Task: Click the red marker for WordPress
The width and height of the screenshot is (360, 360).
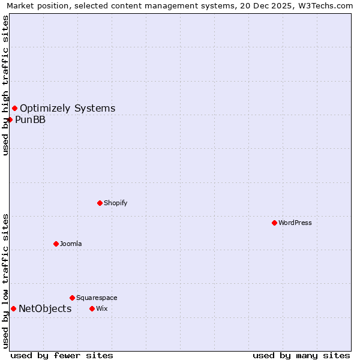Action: click(274, 223)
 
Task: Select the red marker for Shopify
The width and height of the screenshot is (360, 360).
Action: click(100, 203)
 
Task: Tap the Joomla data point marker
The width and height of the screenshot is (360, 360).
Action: click(56, 244)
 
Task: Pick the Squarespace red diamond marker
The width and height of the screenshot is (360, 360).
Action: click(72, 298)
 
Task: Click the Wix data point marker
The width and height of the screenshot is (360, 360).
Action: click(92, 308)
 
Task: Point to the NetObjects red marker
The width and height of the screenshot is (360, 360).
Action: click(13, 308)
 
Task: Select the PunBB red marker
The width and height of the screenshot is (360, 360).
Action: click(10, 119)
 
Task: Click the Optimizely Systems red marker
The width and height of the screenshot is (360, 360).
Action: click(14, 108)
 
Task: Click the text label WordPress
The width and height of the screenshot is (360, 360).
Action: click(295, 223)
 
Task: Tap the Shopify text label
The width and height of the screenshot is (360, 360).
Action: click(116, 203)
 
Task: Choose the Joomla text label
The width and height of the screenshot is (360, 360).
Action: click(71, 244)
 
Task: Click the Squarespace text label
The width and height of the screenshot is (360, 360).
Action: click(97, 298)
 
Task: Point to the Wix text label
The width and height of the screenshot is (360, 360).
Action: click(101, 308)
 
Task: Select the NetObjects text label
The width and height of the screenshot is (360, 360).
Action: click(45, 308)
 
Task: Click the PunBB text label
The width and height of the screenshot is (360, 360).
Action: click(30, 119)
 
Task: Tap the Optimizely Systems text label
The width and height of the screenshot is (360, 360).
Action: click(67, 108)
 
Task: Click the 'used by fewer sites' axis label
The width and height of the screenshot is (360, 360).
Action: click(62, 355)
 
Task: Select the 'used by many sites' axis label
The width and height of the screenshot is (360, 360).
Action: click(301, 355)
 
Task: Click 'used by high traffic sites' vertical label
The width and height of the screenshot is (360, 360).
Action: click(5, 85)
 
